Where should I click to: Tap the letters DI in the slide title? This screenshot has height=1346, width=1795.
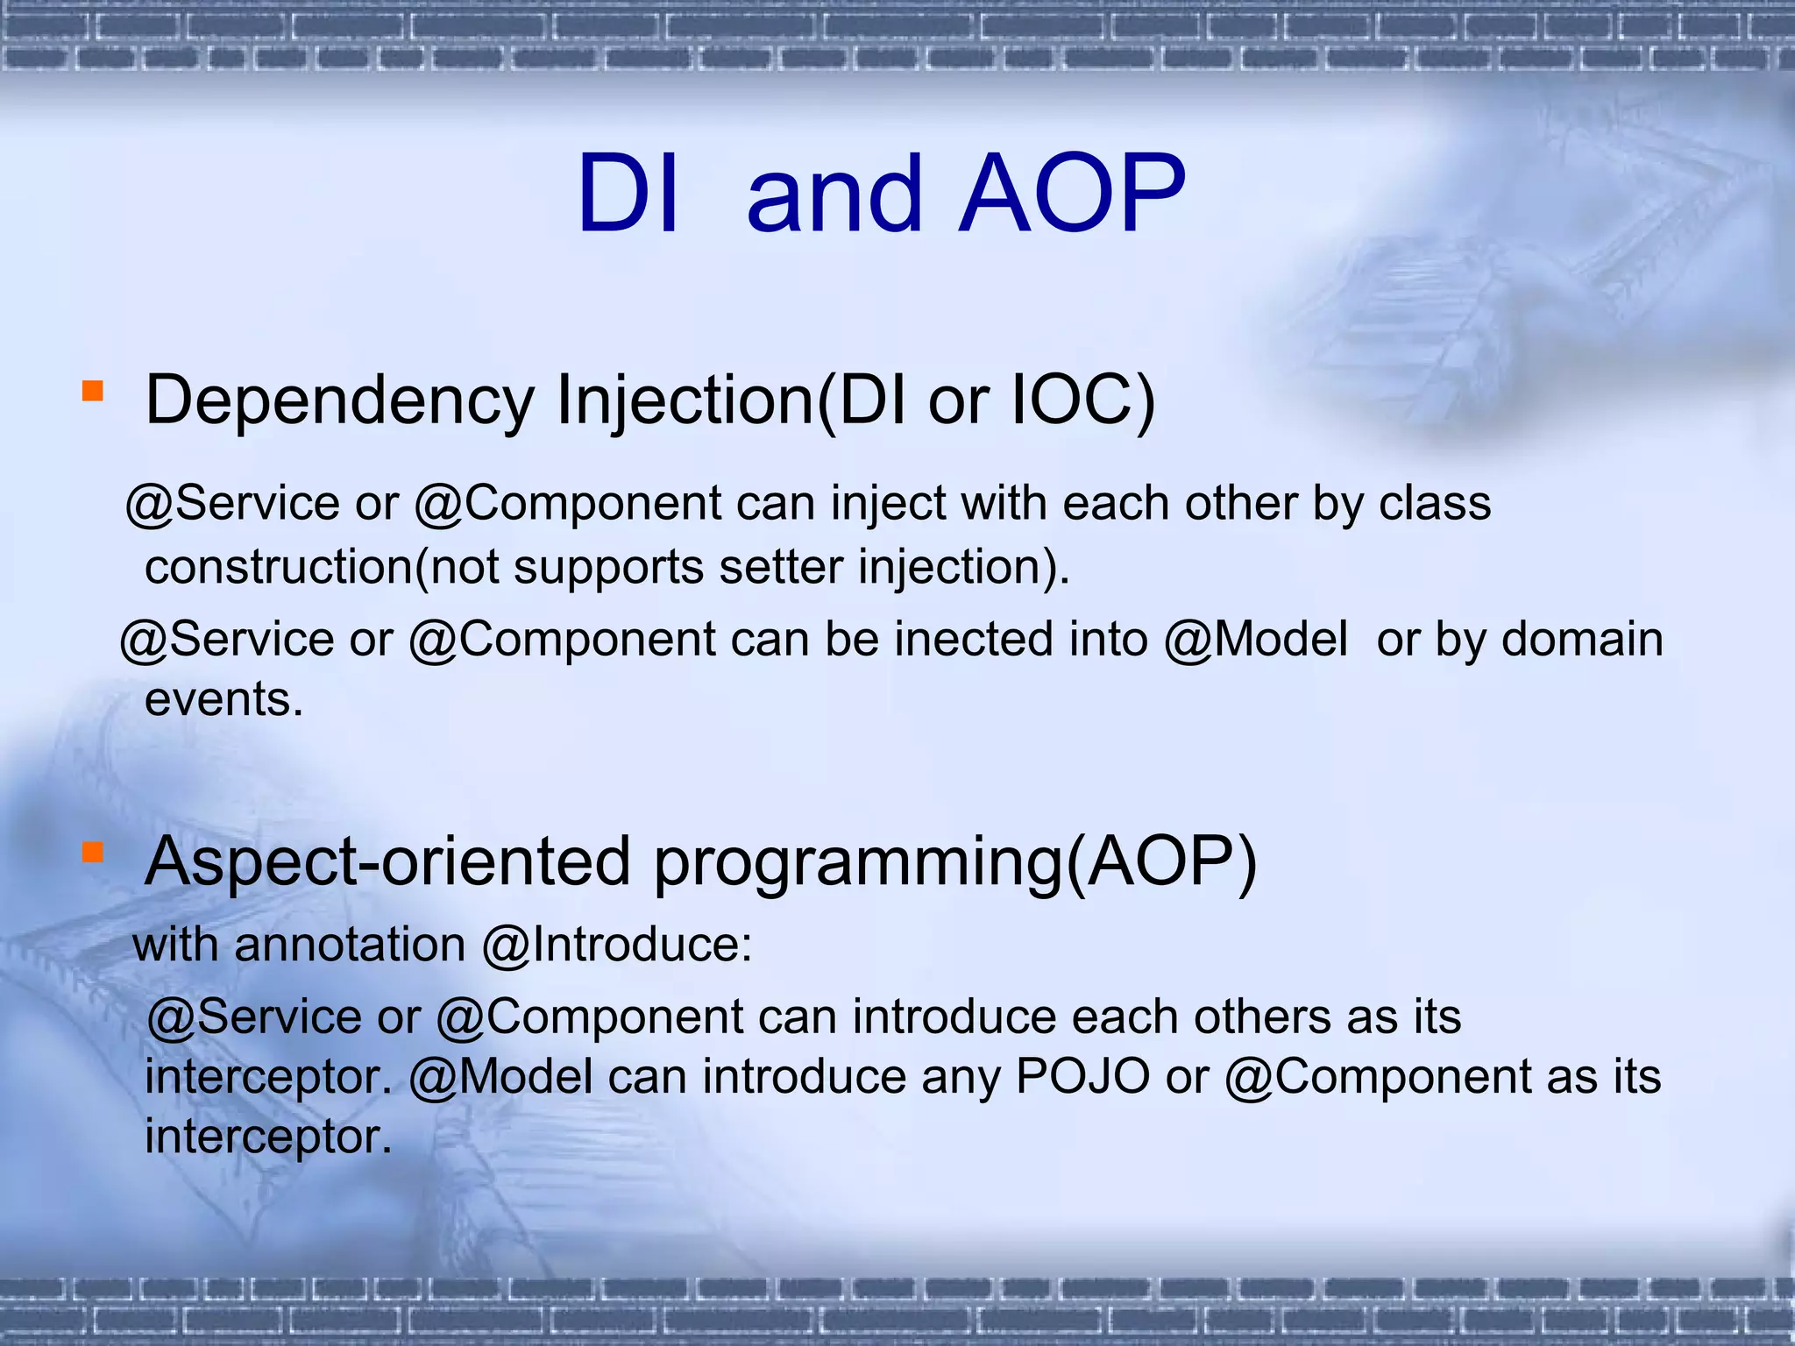tap(628, 194)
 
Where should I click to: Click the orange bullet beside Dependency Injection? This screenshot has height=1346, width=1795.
tap(92, 391)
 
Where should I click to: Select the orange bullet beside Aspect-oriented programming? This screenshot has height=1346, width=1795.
tap(92, 852)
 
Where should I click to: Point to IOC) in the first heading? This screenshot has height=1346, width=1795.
tap(1083, 401)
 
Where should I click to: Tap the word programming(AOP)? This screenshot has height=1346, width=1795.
tap(955, 863)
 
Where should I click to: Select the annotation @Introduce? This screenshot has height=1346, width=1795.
tap(617, 946)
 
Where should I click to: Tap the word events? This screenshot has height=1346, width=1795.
tap(223, 699)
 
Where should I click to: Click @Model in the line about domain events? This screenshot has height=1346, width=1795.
tap(1255, 639)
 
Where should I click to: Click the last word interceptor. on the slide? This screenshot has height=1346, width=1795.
tap(267, 1137)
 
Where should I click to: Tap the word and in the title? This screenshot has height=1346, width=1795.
tap(834, 194)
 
